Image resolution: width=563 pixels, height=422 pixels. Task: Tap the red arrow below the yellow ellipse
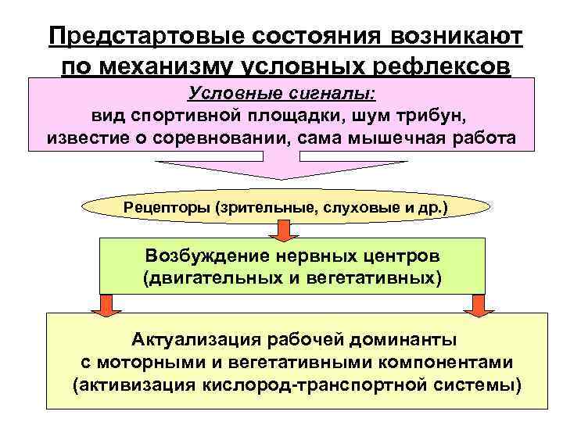[x=282, y=230]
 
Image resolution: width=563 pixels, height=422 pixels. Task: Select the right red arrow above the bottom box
[x=476, y=305]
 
